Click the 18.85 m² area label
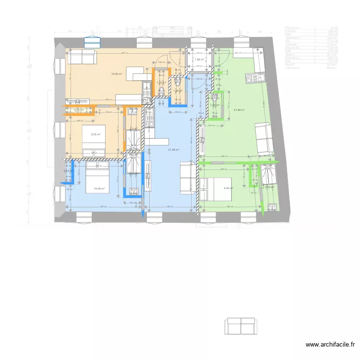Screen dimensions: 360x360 pos(117,74)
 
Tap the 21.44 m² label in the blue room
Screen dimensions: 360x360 pos(173,150)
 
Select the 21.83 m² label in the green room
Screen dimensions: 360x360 pos(239,110)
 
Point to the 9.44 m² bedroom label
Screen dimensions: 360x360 pos(228,188)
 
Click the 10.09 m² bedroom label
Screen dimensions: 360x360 pos(99,189)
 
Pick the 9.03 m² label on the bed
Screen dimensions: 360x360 pos(96,134)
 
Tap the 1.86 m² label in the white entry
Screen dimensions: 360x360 pos(199,60)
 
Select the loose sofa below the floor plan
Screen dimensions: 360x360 pos(240,326)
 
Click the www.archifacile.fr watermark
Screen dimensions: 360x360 pos(331,345)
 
